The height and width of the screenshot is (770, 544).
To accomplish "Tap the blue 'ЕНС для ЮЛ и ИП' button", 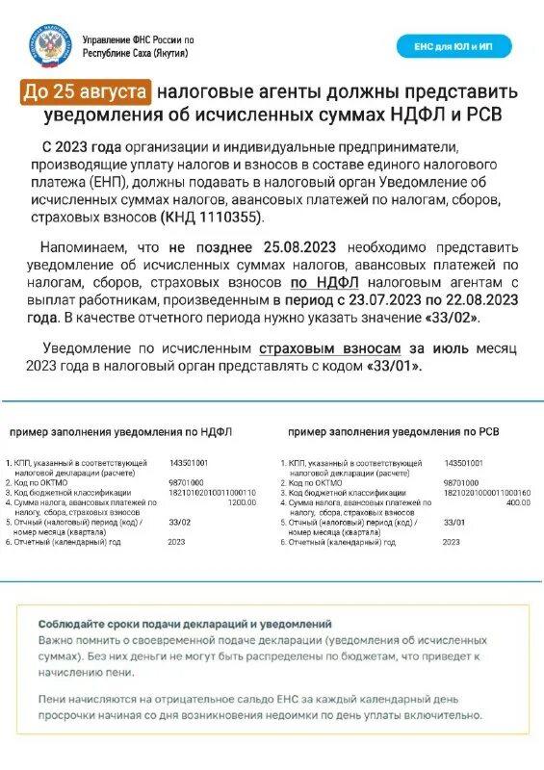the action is pyautogui.click(x=454, y=46).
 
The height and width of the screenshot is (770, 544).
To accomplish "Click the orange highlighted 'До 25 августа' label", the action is pyautogui.click(x=86, y=92).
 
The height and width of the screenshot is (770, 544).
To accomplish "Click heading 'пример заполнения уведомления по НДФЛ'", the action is pyautogui.click(x=120, y=432).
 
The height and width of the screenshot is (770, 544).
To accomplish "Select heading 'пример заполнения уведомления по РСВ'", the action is pyautogui.click(x=395, y=432).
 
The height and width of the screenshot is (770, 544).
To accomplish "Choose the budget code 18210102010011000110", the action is pyautogui.click(x=212, y=492).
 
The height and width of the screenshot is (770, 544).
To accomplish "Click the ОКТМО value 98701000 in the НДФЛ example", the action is pyautogui.click(x=185, y=481).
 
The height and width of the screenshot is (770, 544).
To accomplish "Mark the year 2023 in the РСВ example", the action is pyautogui.click(x=452, y=542).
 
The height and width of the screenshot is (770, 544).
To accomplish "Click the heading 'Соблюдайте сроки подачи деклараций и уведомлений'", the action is pyautogui.click(x=185, y=624).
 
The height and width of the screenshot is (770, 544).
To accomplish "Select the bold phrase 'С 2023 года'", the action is pyautogui.click(x=84, y=147).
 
